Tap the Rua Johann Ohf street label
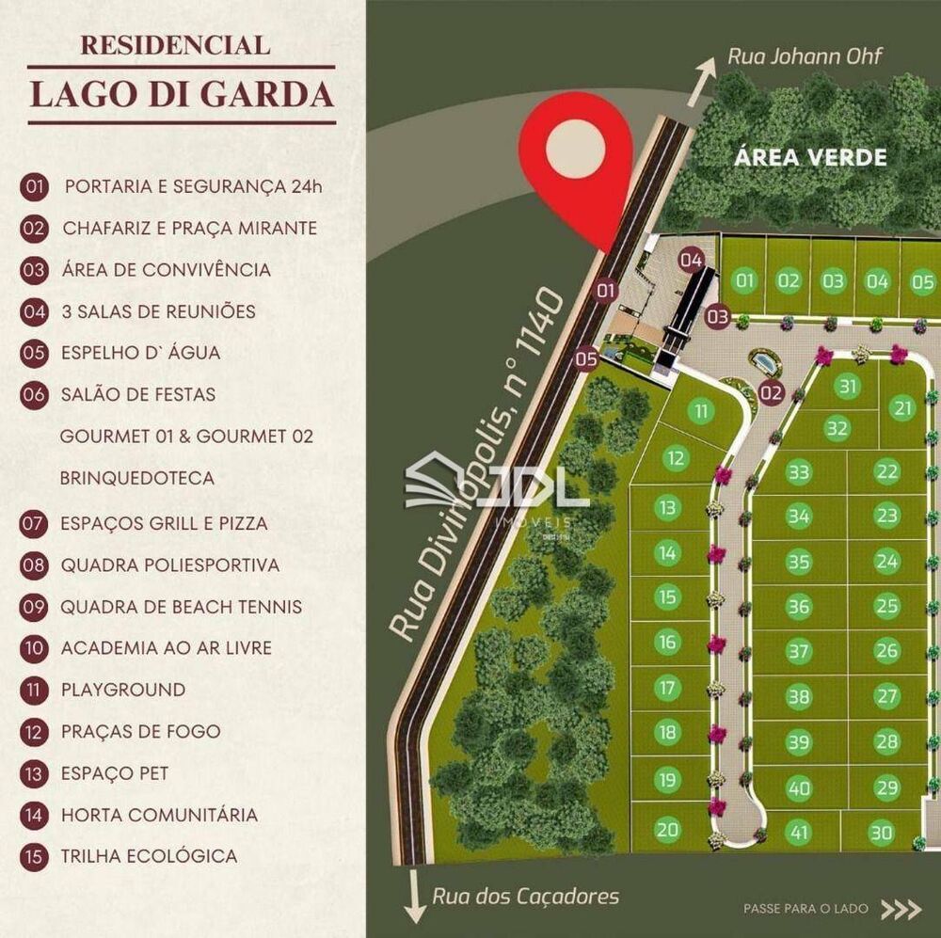click(x=805, y=56)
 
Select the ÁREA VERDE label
click(x=810, y=156)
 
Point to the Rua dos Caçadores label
click(x=526, y=895)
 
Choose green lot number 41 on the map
click(x=799, y=832)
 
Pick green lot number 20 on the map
click(x=667, y=829)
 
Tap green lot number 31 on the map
click(x=849, y=387)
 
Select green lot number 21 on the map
click(x=904, y=407)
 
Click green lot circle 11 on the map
click(x=701, y=411)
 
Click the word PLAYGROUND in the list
click(x=123, y=690)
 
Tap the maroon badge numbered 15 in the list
click(x=34, y=856)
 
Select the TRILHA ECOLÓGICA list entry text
click(x=149, y=856)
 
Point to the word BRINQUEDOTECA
click(x=137, y=478)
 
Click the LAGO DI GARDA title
click(x=182, y=95)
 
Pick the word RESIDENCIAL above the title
click(x=175, y=44)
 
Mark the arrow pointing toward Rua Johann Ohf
click(x=699, y=80)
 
